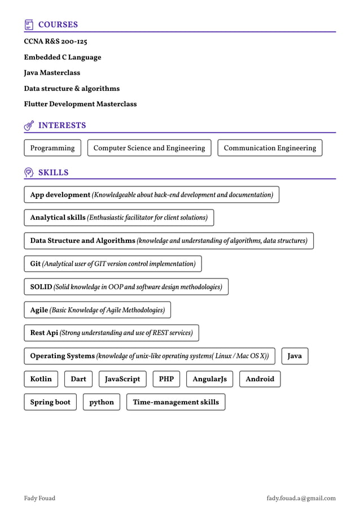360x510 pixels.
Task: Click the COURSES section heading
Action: [x=58, y=25]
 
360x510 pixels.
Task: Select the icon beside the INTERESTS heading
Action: [x=29, y=125]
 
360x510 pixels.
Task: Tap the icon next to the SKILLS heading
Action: [x=29, y=172]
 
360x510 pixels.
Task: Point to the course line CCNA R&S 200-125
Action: [x=55, y=42]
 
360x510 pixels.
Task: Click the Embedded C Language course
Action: [x=63, y=57]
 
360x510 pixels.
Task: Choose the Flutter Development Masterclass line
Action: [x=80, y=104]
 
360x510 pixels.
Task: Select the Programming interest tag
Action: [x=52, y=148]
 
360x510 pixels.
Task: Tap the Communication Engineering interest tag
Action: [x=270, y=148]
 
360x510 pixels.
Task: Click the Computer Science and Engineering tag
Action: [x=149, y=148]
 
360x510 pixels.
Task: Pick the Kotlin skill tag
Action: [x=41, y=379]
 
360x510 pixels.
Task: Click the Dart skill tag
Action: [x=78, y=379]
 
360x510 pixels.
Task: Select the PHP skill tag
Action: [x=166, y=379]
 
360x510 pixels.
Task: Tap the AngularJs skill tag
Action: [x=209, y=379]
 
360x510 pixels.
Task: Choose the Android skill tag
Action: [x=260, y=379]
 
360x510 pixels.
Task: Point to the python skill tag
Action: [x=102, y=402]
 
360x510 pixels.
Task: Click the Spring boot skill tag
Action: [x=50, y=402]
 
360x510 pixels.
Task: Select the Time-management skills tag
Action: [x=175, y=402]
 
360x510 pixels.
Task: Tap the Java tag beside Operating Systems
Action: [x=295, y=356]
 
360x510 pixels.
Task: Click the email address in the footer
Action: [x=301, y=498]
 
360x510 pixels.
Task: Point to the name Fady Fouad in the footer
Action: [x=39, y=498]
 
